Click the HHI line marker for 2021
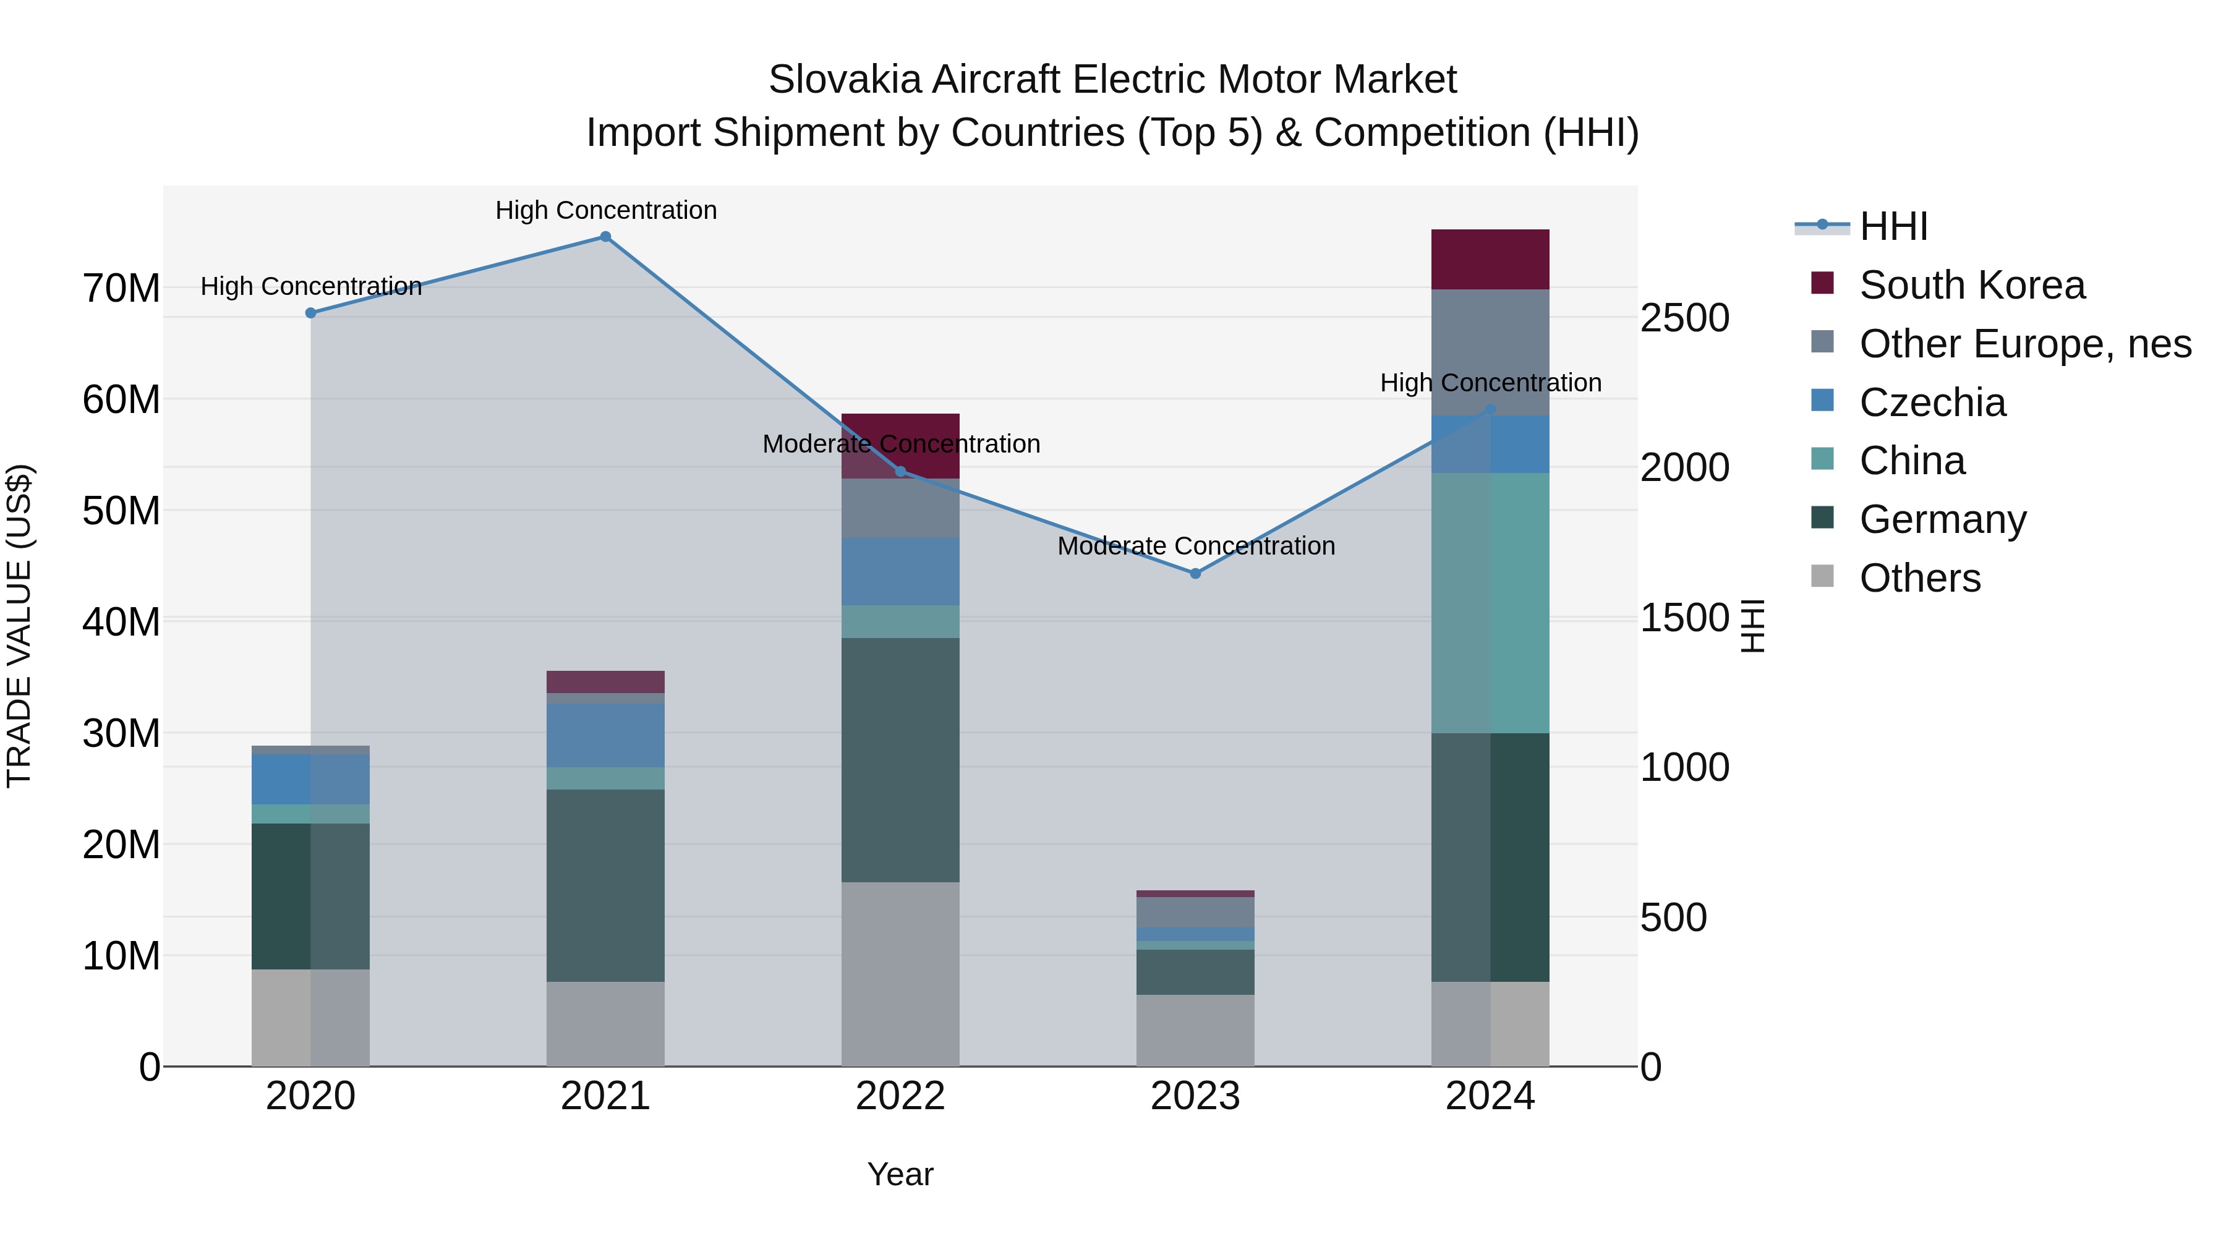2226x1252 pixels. [x=606, y=237]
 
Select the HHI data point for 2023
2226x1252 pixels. [x=1195, y=574]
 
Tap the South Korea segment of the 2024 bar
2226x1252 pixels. [x=1490, y=259]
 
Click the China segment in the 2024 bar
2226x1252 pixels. [x=1490, y=602]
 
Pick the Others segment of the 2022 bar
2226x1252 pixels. [x=900, y=974]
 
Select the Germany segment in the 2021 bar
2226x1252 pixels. [x=606, y=885]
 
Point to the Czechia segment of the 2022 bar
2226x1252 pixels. [x=900, y=571]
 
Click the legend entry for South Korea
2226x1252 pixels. [x=1972, y=285]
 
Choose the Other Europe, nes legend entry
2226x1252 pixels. [x=2024, y=344]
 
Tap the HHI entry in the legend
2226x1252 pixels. [x=1893, y=226]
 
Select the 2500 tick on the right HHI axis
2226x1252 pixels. [x=1684, y=317]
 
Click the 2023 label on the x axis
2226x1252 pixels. [x=1195, y=1096]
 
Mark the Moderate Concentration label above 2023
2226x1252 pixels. [x=1196, y=546]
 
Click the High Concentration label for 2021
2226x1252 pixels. [x=606, y=210]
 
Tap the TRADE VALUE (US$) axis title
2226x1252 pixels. [x=19, y=626]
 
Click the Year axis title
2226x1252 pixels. [x=900, y=1174]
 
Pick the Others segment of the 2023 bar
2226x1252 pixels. [x=1195, y=1030]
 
